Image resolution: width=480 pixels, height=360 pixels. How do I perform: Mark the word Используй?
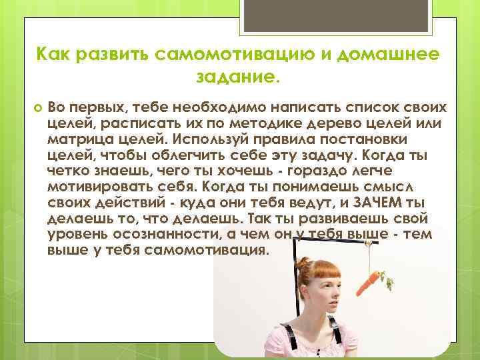point(202,139)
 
